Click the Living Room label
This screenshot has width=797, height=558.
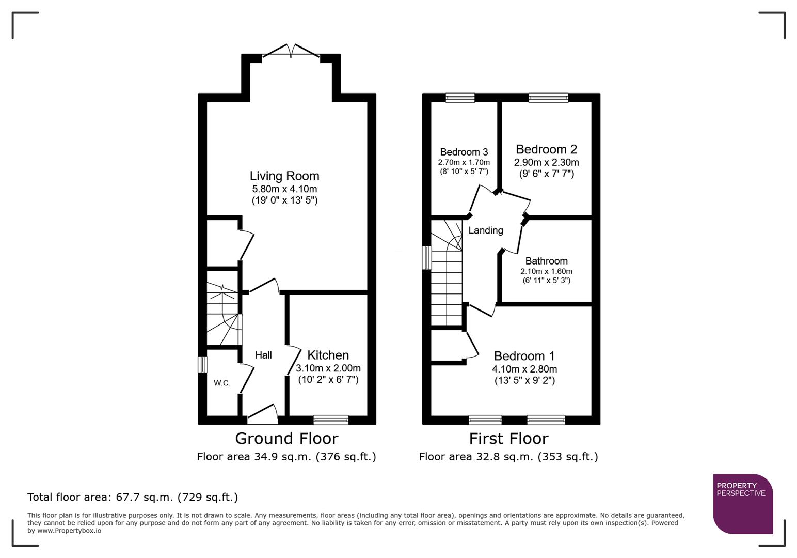click(x=284, y=176)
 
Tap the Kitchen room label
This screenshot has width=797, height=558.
click(x=328, y=355)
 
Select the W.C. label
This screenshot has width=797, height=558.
click(x=222, y=383)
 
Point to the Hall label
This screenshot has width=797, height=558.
click(x=263, y=355)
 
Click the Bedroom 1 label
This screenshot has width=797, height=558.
click(x=524, y=356)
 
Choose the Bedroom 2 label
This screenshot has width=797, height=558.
click(x=546, y=149)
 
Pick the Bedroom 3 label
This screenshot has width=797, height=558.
click(x=464, y=152)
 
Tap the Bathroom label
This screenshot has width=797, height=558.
click(x=546, y=261)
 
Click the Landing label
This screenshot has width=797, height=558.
click(x=485, y=230)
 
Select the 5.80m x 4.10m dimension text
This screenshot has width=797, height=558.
click(x=284, y=189)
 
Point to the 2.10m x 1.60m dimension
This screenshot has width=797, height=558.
click(x=546, y=271)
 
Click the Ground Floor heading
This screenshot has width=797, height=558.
click(x=286, y=439)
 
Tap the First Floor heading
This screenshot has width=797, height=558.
click(x=508, y=439)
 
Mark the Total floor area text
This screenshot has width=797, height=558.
click(x=133, y=497)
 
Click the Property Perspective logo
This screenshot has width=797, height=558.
click(x=742, y=504)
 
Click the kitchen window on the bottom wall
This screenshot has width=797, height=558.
click(x=331, y=420)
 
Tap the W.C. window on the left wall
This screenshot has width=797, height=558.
click(x=203, y=364)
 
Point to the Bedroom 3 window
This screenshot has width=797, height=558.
click(x=460, y=98)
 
